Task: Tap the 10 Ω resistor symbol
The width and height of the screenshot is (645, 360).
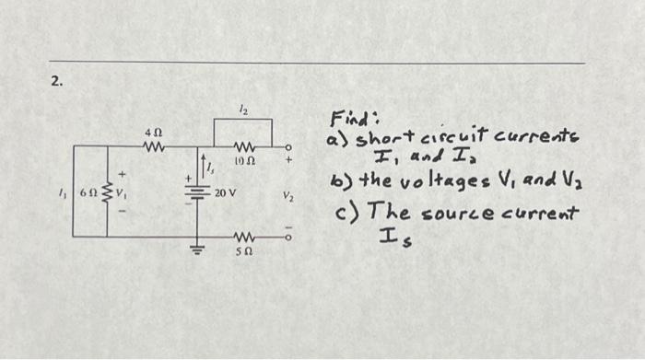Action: coord(243,147)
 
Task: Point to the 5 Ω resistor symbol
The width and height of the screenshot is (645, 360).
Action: coord(243,238)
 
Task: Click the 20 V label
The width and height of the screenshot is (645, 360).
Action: coord(226,194)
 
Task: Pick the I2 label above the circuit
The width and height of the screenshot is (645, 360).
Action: coord(243,109)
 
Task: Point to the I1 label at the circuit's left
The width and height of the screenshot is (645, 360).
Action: coord(63,194)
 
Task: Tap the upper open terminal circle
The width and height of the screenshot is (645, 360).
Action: coord(287,147)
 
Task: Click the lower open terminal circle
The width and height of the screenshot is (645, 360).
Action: coord(287,238)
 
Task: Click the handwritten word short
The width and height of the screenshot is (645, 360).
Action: coord(370,140)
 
